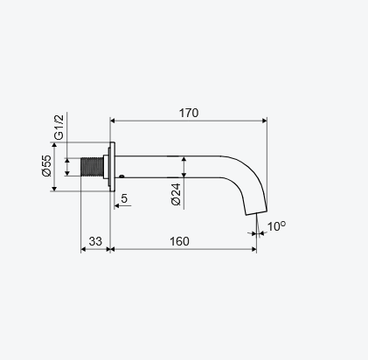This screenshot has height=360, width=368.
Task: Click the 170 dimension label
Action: click(189, 113)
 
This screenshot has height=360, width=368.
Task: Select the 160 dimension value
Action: click(179, 241)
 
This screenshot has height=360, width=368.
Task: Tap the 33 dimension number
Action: click(95, 241)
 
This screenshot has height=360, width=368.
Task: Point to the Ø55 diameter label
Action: click(46, 165)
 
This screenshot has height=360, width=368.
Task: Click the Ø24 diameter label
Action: click(177, 195)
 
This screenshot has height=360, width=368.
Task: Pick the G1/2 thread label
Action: click(59, 128)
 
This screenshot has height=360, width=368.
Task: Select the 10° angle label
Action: click(276, 226)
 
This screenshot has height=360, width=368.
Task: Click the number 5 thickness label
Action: click(124, 198)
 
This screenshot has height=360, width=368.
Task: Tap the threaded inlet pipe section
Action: click(92, 167)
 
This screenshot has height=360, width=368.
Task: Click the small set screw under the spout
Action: click(122, 176)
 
